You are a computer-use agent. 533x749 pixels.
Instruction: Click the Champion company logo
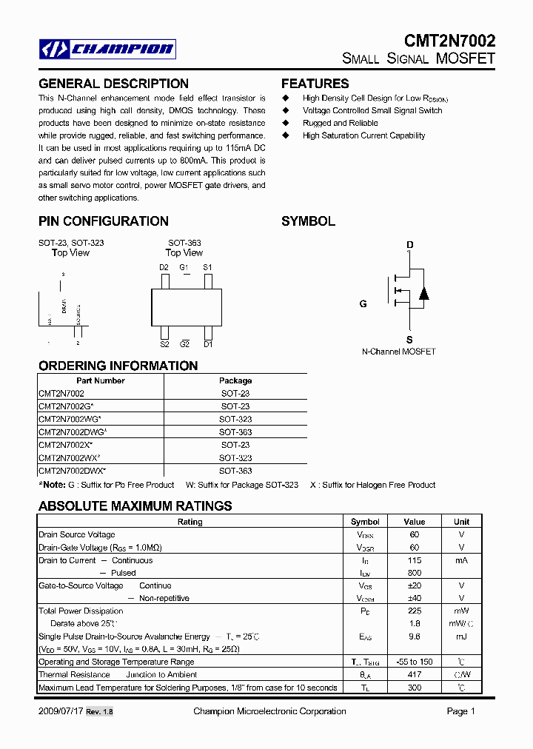(107, 50)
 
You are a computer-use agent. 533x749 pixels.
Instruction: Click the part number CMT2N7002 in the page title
(449, 41)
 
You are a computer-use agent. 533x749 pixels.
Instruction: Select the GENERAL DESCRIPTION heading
(113, 84)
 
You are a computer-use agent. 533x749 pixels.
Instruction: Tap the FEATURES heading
(315, 84)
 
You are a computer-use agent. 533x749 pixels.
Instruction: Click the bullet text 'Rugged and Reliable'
(340, 123)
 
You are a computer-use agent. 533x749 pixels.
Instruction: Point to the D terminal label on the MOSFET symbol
(409, 245)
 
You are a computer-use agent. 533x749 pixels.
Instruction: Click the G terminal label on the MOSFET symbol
(363, 303)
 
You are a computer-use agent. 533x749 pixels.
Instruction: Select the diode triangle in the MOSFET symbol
(423, 292)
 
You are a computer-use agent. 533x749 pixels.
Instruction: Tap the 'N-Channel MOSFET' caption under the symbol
(398, 352)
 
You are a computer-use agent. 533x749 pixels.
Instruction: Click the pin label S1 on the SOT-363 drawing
(207, 267)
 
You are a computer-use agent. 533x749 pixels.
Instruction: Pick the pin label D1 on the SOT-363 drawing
(208, 344)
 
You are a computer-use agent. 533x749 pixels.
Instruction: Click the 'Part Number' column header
(101, 380)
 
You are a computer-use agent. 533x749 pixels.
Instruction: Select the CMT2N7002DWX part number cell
(73, 471)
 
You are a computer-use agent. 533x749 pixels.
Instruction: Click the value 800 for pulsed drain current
(415, 573)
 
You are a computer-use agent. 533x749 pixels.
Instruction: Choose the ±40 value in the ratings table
(415, 598)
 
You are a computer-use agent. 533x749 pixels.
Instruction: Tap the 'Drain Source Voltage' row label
(77, 534)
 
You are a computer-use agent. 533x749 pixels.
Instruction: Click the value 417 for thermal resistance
(415, 674)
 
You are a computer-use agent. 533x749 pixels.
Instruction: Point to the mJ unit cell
(461, 637)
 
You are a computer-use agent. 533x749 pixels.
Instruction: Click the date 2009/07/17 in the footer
(60, 711)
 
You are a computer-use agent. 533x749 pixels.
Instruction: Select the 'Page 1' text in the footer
(461, 711)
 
